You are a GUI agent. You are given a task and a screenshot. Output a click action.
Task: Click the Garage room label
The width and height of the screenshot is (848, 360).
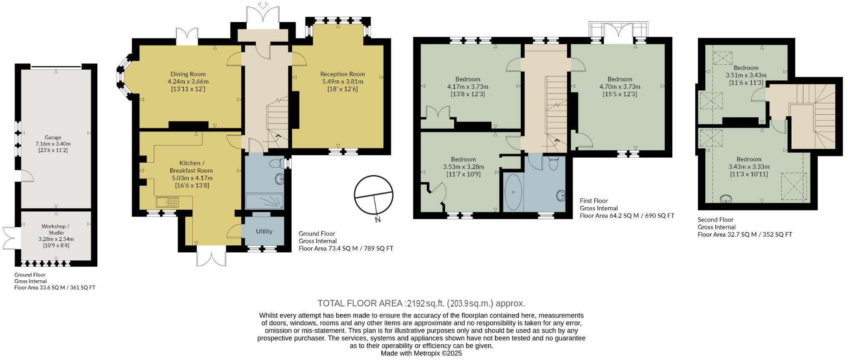click(53, 137)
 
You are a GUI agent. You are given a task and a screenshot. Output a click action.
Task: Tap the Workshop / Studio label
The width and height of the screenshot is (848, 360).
click(56, 229)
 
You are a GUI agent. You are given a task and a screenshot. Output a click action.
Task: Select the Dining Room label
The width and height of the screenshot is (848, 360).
click(188, 74)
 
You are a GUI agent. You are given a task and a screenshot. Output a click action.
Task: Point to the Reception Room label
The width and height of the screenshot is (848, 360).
click(342, 74)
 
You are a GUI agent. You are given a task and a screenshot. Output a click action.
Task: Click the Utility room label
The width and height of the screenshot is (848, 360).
click(264, 232)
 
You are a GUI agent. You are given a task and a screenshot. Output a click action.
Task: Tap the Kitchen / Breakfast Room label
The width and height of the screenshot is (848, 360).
click(191, 166)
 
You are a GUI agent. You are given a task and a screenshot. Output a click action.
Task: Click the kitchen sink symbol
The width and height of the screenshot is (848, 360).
click(167, 203)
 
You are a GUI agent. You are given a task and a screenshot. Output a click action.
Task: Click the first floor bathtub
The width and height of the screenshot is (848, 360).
click(512, 192)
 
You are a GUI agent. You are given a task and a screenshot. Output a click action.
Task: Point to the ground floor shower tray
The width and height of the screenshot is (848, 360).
click(264, 201)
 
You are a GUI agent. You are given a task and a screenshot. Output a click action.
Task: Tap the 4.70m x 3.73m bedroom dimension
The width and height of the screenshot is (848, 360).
click(620, 87)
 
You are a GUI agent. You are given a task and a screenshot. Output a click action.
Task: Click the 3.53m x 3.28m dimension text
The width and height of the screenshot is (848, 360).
click(463, 167)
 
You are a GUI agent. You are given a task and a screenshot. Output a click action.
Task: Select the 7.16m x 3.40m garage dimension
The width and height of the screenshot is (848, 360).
click(53, 144)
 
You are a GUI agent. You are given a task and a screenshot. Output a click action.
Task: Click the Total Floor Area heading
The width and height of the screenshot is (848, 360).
click(421, 303)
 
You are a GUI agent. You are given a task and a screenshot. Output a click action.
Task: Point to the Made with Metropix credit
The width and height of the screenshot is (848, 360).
click(421, 353)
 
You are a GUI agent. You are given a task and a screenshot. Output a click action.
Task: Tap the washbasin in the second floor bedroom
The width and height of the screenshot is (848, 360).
click(727, 199)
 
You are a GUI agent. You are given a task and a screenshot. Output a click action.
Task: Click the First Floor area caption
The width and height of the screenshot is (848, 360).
click(627, 208)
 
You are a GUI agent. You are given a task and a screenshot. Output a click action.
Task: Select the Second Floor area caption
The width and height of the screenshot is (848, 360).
click(745, 227)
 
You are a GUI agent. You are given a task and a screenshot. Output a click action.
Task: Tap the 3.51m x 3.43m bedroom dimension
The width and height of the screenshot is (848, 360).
click(746, 76)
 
